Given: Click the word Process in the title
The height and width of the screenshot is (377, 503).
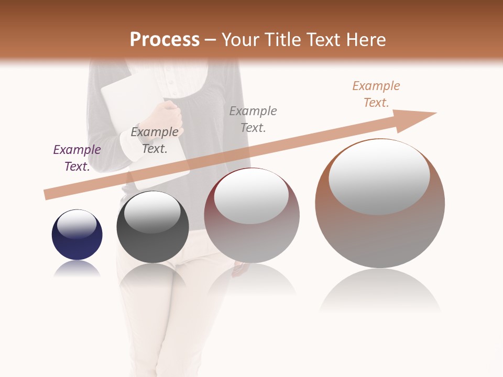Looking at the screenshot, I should coord(165,40).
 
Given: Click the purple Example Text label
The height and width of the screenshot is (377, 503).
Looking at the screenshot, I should coord(77,158).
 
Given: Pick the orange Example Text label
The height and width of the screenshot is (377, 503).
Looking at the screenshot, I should coord(376,94).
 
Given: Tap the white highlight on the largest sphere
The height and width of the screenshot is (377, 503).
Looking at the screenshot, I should coord(379,177).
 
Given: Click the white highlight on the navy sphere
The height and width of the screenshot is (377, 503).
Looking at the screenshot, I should coord(77,224).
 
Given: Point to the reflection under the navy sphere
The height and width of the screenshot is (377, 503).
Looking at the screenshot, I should coord(77,269).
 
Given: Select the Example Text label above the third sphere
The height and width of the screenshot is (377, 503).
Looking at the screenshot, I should coord(253,119).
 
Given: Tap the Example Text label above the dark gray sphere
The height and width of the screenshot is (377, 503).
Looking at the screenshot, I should coord(155,140).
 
